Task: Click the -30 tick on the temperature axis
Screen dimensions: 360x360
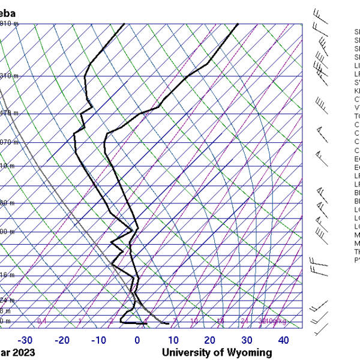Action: pyautogui.click(x=25, y=340)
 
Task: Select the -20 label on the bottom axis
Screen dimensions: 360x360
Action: pyautogui.click(x=62, y=340)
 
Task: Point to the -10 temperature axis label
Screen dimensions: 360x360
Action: pyautogui.click(x=99, y=340)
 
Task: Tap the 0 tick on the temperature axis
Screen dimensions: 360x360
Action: pyautogui.click(x=137, y=340)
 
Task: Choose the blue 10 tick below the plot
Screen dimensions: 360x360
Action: pyautogui.click(x=173, y=340)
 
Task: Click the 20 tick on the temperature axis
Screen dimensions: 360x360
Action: pyautogui.click(x=209, y=340)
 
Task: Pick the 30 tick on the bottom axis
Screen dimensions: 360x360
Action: pyautogui.click(x=246, y=340)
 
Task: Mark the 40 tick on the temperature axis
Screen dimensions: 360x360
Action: pyautogui.click(x=283, y=340)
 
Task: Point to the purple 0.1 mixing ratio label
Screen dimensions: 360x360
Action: pyautogui.click(x=42, y=322)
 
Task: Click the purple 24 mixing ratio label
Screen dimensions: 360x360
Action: pyautogui.click(x=244, y=322)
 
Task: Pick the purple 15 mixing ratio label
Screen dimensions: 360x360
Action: pyautogui.click(x=220, y=322)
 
